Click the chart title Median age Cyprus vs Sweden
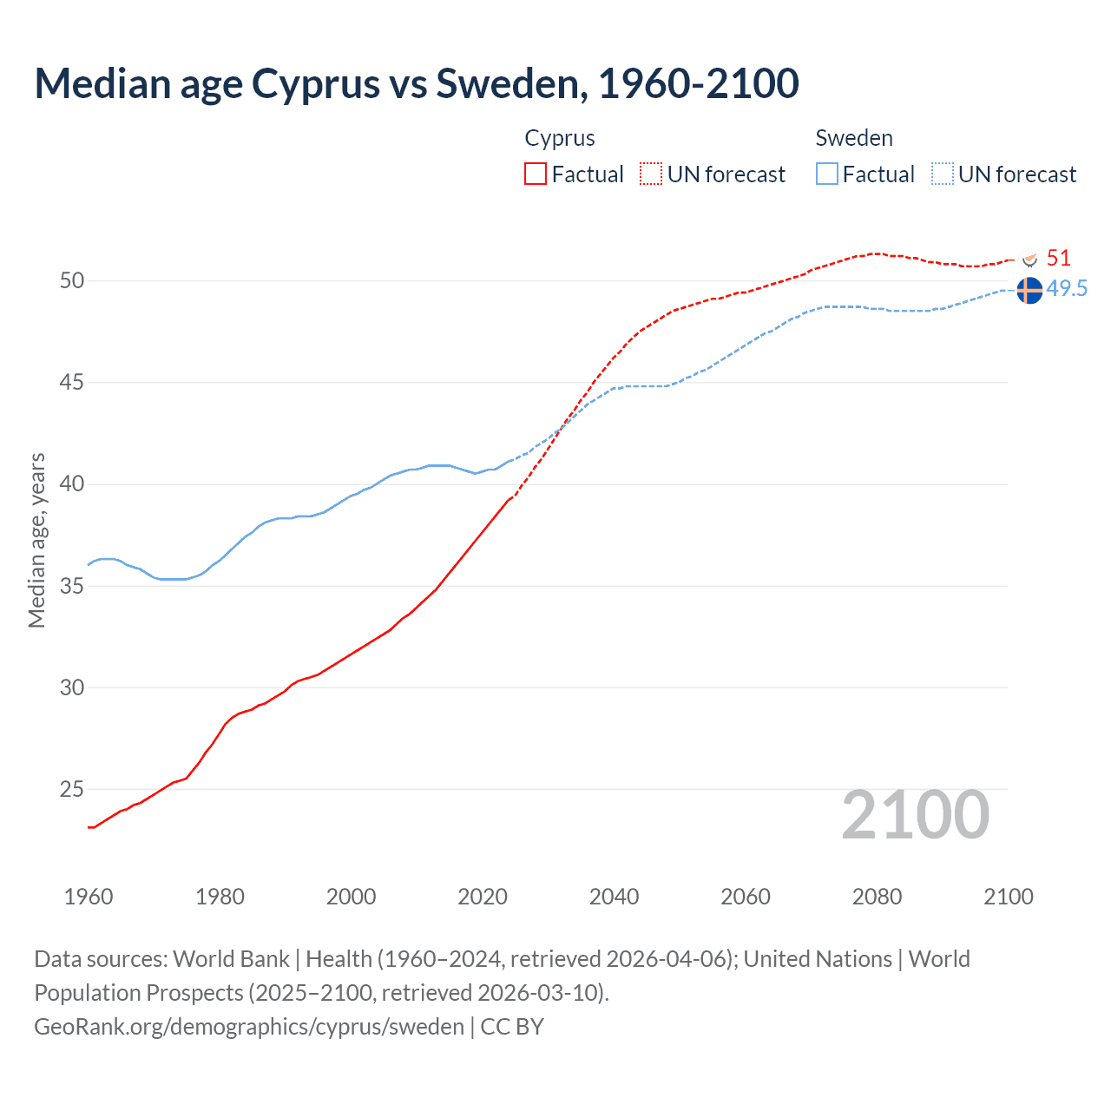click(416, 83)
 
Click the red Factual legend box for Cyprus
click(536, 174)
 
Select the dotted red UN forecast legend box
click(651, 174)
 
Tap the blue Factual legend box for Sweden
click(827, 174)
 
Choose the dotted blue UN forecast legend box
click(943, 174)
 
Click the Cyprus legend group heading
click(560, 138)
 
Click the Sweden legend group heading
click(854, 138)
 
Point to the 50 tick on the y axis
click(72, 280)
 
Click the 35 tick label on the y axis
click(72, 586)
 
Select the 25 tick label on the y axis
click(72, 789)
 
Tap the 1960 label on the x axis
click(89, 897)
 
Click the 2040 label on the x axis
click(614, 897)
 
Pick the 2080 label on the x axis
click(877, 897)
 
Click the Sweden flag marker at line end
click(1029, 291)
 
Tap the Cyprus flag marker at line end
click(1030, 259)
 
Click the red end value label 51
click(1058, 258)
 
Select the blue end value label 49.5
click(1067, 289)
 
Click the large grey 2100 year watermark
click(916, 814)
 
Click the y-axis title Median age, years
click(36, 540)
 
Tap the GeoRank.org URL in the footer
click(249, 1026)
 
